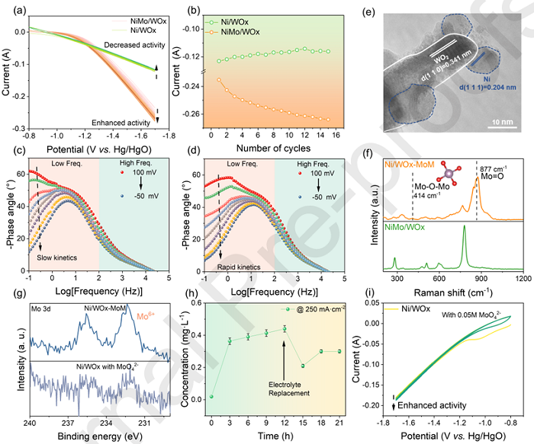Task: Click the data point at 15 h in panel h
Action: click(x=303, y=366)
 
